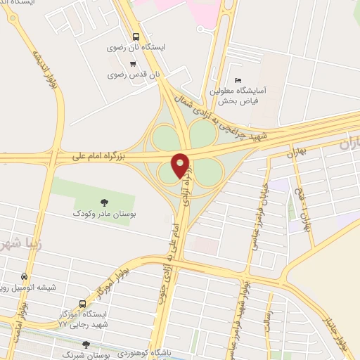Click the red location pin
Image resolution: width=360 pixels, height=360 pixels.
point(181,165)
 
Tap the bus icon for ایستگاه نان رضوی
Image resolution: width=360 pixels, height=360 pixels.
point(136,37)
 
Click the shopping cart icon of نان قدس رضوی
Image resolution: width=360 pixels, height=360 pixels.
point(132,63)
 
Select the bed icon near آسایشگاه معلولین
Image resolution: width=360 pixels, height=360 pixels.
point(238,80)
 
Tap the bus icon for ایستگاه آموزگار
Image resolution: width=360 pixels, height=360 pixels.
point(83,304)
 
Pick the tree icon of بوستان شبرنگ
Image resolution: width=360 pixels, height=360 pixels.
point(86,345)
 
